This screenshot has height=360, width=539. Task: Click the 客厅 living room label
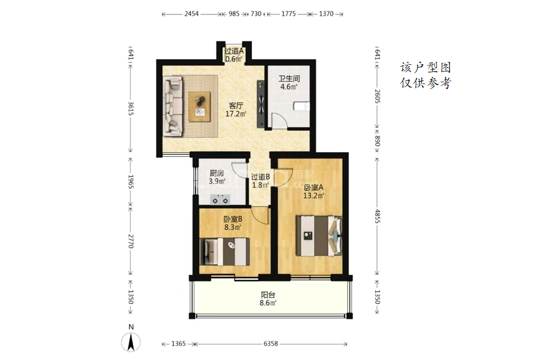(x=236, y=105)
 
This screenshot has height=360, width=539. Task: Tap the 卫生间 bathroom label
(x=289, y=79)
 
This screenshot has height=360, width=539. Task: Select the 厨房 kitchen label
(x=217, y=174)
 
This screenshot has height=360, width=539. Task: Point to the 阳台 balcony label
(x=268, y=295)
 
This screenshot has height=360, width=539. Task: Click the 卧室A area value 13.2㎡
(x=314, y=196)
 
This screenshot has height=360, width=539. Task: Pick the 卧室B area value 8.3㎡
(x=233, y=227)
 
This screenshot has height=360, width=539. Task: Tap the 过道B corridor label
(x=260, y=177)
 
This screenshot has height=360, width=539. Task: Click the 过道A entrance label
(x=234, y=51)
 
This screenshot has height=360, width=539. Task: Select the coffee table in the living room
(x=199, y=106)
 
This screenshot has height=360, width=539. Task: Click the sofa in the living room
(x=173, y=105)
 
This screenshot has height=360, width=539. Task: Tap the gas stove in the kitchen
(x=220, y=199)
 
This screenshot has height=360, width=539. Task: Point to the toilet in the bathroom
(x=302, y=106)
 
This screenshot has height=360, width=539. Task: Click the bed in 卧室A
(x=319, y=236)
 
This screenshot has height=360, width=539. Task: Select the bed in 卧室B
(x=225, y=252)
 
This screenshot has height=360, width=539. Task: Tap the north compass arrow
(x=131, y=342)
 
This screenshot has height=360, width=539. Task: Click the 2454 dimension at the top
(x=192, y=14)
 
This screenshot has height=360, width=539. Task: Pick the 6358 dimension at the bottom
(x=270, y=344)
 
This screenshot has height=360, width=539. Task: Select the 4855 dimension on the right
(x=377, y=216)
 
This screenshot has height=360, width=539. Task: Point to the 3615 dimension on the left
(x=131, y=108)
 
